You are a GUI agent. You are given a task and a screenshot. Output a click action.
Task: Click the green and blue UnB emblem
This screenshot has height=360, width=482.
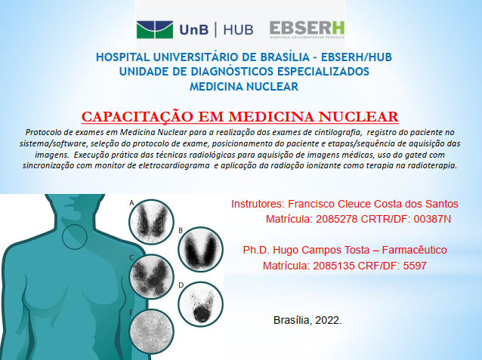point(155,29)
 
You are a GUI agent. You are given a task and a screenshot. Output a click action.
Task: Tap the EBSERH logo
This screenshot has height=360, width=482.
point(307,29)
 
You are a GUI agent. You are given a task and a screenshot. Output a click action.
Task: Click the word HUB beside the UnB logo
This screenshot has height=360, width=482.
point(238,30)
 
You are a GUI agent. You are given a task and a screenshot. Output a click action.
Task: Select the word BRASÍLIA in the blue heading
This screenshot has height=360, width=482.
point(285,57)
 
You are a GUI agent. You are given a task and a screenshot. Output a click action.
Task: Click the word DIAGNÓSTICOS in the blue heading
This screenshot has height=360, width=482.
point(232,72)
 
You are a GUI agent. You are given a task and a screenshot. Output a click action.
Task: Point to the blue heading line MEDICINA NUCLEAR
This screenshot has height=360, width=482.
point(244,87)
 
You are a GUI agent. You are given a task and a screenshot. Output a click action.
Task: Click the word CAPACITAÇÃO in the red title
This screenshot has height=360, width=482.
point(137,117)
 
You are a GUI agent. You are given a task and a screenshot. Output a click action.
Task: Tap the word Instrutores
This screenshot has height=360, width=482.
point(257,204)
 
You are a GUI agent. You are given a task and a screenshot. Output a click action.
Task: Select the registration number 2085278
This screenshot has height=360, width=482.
point(337,219)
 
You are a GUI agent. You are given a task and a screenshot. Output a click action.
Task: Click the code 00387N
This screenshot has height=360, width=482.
point(432,219)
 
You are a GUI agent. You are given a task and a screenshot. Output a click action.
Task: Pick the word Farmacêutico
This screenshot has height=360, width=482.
point(414,250)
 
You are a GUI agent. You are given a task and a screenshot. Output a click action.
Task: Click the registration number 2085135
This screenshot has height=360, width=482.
point(334,266)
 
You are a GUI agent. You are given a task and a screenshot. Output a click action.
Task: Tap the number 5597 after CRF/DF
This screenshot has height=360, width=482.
point(415,266)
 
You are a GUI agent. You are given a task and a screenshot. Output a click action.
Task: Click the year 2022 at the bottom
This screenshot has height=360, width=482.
point(327,320)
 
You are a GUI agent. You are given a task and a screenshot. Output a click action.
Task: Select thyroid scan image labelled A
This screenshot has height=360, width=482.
point(151,222)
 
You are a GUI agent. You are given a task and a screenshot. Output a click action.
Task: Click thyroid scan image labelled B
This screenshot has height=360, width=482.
point(200,249)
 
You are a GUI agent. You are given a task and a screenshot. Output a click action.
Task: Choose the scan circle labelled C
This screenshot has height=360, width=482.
point(151,277)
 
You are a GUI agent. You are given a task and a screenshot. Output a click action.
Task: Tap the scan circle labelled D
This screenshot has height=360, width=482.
point(200,304)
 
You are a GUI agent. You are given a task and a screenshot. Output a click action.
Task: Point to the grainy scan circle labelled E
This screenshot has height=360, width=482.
point(151,332)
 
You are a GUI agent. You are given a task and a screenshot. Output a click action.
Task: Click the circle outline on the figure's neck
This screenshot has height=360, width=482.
point(63,236)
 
